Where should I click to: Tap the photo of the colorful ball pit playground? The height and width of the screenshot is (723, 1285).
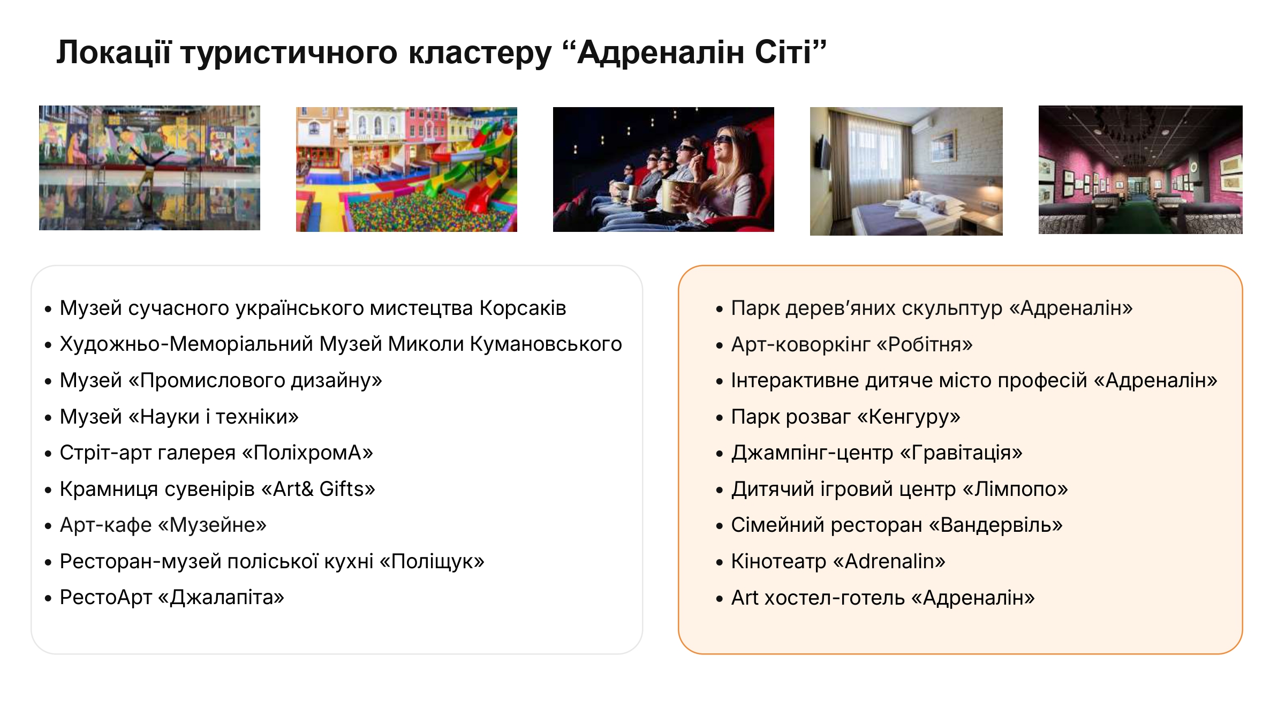point(406,169)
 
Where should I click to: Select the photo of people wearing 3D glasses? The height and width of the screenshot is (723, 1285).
point(663,169)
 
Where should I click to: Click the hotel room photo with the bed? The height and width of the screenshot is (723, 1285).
point(906,171)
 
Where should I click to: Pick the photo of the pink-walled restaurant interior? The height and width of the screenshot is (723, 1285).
point(1140,170)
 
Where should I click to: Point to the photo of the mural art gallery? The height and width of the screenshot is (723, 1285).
point(149,168)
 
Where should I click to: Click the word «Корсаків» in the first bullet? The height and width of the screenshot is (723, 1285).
point(523,308)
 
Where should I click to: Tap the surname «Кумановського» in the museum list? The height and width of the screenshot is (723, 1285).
point(546,344)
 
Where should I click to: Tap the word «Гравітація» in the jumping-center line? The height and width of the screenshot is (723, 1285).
point(961,453)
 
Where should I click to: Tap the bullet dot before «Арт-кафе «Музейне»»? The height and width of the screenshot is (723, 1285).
point(48,526)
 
